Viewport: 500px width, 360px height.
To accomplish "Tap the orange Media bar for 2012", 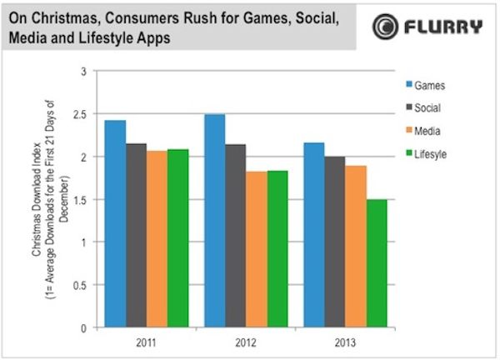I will click(257, 249).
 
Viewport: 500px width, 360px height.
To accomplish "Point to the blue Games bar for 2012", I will click(214, 221).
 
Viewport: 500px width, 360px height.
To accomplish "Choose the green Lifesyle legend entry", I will click(424, 153).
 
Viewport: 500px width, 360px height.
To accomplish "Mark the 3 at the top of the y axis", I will click(83, 72).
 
